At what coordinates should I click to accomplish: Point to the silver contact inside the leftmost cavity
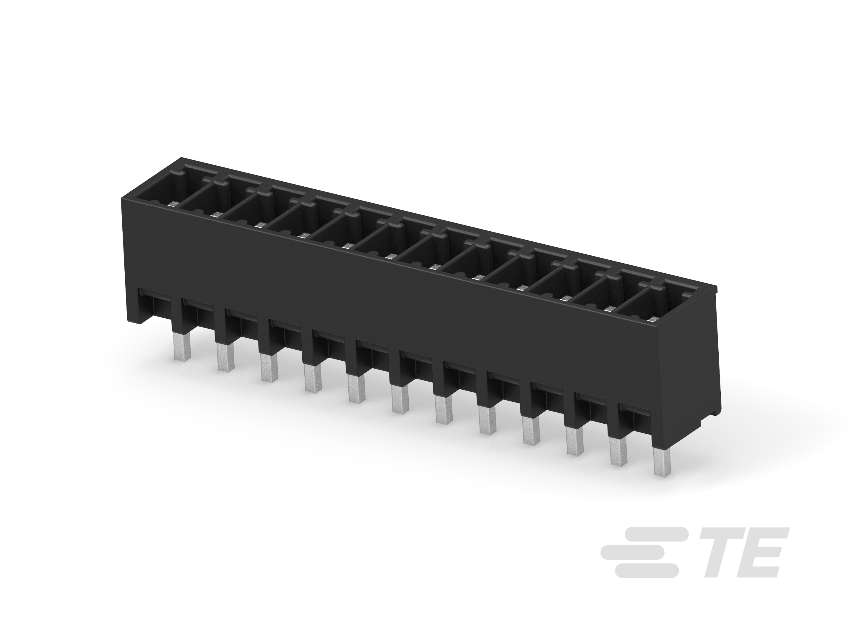pyautogui.click(x=173, y=204)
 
